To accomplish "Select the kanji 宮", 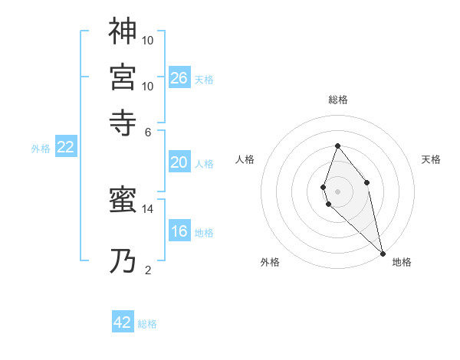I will tap(123, 77).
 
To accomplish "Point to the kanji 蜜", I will tap(123, 202).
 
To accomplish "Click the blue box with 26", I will tap(179, 77).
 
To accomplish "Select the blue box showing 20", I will tap(179, 162).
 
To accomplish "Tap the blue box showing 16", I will tap(179, 231).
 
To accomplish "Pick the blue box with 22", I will tap(66, 148).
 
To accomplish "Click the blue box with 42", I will tap(123, 322).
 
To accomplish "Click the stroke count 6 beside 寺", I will tap(148, 131).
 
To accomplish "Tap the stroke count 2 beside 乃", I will tap(148, 270).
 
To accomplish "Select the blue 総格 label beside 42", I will tap(147, 324).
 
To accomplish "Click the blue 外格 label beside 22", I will tap(41, 149).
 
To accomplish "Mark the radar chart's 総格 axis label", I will tap(337, 100).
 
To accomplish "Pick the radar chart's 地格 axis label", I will tap(402, 262).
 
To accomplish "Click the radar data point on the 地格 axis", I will tap(383, 254).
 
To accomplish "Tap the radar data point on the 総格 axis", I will tap(337, 146).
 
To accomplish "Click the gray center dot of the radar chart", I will tap(337, 191).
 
